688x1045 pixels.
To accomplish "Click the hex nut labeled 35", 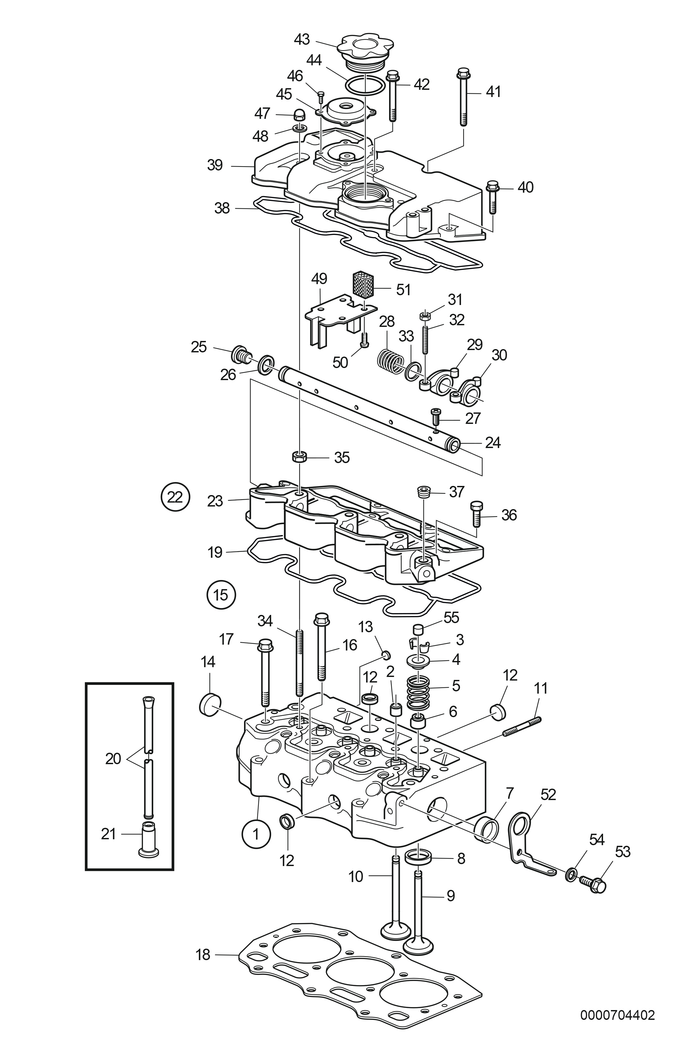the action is point(299,457).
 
